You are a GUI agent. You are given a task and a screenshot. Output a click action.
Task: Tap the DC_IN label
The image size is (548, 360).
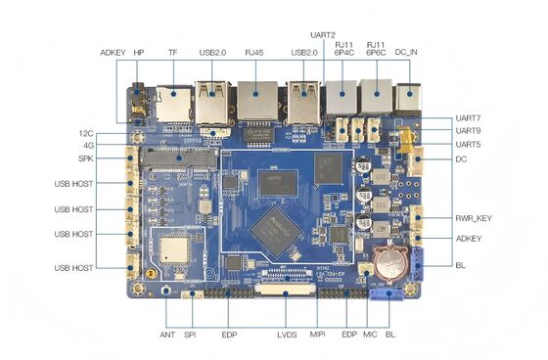click(x=407, y=52)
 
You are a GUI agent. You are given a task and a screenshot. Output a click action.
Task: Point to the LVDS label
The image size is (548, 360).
click(x=287, y=335)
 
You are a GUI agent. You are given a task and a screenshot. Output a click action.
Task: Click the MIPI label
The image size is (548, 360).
click(x=318, y=335)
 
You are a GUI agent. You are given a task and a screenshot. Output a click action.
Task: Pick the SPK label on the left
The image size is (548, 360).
click(x=85, y=158)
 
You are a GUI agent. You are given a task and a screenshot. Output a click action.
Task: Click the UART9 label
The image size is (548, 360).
click(x=468, y=130)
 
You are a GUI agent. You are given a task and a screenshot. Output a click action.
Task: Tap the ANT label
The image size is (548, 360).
click(x=166, y=335)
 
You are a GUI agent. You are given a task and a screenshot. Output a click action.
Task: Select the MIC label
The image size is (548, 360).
click(x=370, y=335)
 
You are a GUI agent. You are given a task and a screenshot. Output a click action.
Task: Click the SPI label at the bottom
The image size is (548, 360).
click(x=189, y=335)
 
